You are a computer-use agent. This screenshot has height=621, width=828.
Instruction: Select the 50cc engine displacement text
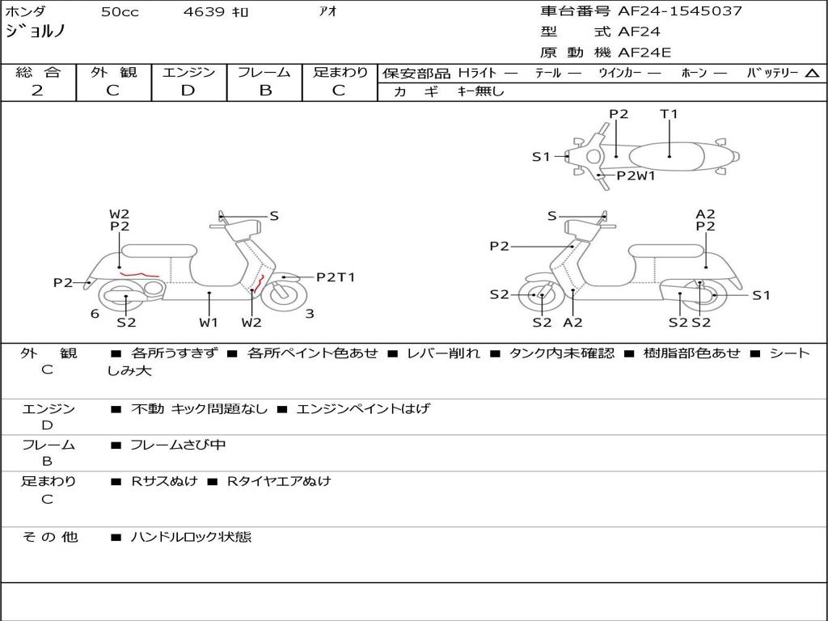[x=120, y=12]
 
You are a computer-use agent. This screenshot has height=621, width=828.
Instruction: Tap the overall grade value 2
[x=37, y=91]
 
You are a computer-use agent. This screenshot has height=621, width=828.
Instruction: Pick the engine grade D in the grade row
[x=188, y=91]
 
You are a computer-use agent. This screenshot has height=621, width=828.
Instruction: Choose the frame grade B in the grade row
[x=264, y=91]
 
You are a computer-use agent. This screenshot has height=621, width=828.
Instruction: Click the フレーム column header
[x=264, y=72]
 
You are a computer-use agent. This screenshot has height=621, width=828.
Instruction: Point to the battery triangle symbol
[x=812, y=74]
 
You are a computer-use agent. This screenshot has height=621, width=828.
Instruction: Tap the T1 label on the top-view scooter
[x=669, y=114]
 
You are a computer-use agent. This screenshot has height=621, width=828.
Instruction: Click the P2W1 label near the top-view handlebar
[x=636, y=175]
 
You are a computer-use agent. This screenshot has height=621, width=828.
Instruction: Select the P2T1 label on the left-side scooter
[x=335, y=277]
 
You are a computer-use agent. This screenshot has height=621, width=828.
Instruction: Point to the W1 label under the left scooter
[x=209, y=323]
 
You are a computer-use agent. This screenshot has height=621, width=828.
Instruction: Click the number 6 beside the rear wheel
[x=95, y=313]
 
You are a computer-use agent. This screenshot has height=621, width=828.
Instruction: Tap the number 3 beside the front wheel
[x=310, y=313]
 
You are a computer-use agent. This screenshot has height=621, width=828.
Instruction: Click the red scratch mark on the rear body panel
[x=138, y=276]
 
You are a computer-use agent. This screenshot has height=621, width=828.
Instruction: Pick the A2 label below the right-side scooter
[x=572, y=323]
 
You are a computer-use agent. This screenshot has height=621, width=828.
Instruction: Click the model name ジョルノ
[x=35, y=32]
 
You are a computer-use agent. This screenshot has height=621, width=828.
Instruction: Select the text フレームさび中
[x=178, y=445]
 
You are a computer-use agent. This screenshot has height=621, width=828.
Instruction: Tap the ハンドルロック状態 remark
[x=191, y=536]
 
